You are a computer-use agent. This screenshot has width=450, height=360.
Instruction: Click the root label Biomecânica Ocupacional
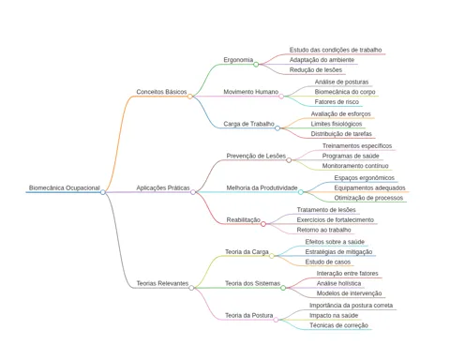pos(65,187)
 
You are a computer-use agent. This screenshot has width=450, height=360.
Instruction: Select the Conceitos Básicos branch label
pos(161,92)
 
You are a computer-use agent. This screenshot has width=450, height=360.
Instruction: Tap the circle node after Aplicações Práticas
pos(193,192)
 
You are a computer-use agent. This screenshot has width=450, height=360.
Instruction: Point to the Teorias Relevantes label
pos(162,283)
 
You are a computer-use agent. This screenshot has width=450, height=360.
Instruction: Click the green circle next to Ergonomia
pos(256,65)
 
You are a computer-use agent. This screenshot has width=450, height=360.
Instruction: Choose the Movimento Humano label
pos(251,92)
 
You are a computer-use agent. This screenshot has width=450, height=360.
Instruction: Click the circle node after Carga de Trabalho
pos(277,128)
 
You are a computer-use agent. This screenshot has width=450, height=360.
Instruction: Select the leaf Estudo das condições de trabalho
pos(336,50)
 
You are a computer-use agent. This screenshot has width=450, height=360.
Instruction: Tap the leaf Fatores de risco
pos(337,102)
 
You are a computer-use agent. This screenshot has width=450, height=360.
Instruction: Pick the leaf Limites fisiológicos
pos(337,124)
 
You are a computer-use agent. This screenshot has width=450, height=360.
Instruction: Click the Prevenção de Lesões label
pos(256,156)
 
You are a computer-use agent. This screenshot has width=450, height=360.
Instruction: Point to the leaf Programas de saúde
pos(351,156)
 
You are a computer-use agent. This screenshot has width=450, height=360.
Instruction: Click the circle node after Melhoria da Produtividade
pos(301,192)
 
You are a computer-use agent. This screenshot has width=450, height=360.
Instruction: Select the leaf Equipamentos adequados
pos(369,187)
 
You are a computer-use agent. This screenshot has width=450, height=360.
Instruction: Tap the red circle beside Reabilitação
pos(263,224)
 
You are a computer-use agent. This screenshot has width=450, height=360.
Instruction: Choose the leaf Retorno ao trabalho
pos(323,230)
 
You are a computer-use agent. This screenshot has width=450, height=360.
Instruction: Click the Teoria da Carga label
pos(247,251)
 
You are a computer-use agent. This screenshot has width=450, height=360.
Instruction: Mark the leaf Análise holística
pos(338,283)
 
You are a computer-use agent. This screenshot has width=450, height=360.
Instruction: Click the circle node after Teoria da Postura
pos(276,320)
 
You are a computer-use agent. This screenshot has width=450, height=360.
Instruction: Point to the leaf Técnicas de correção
pos(338,325)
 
